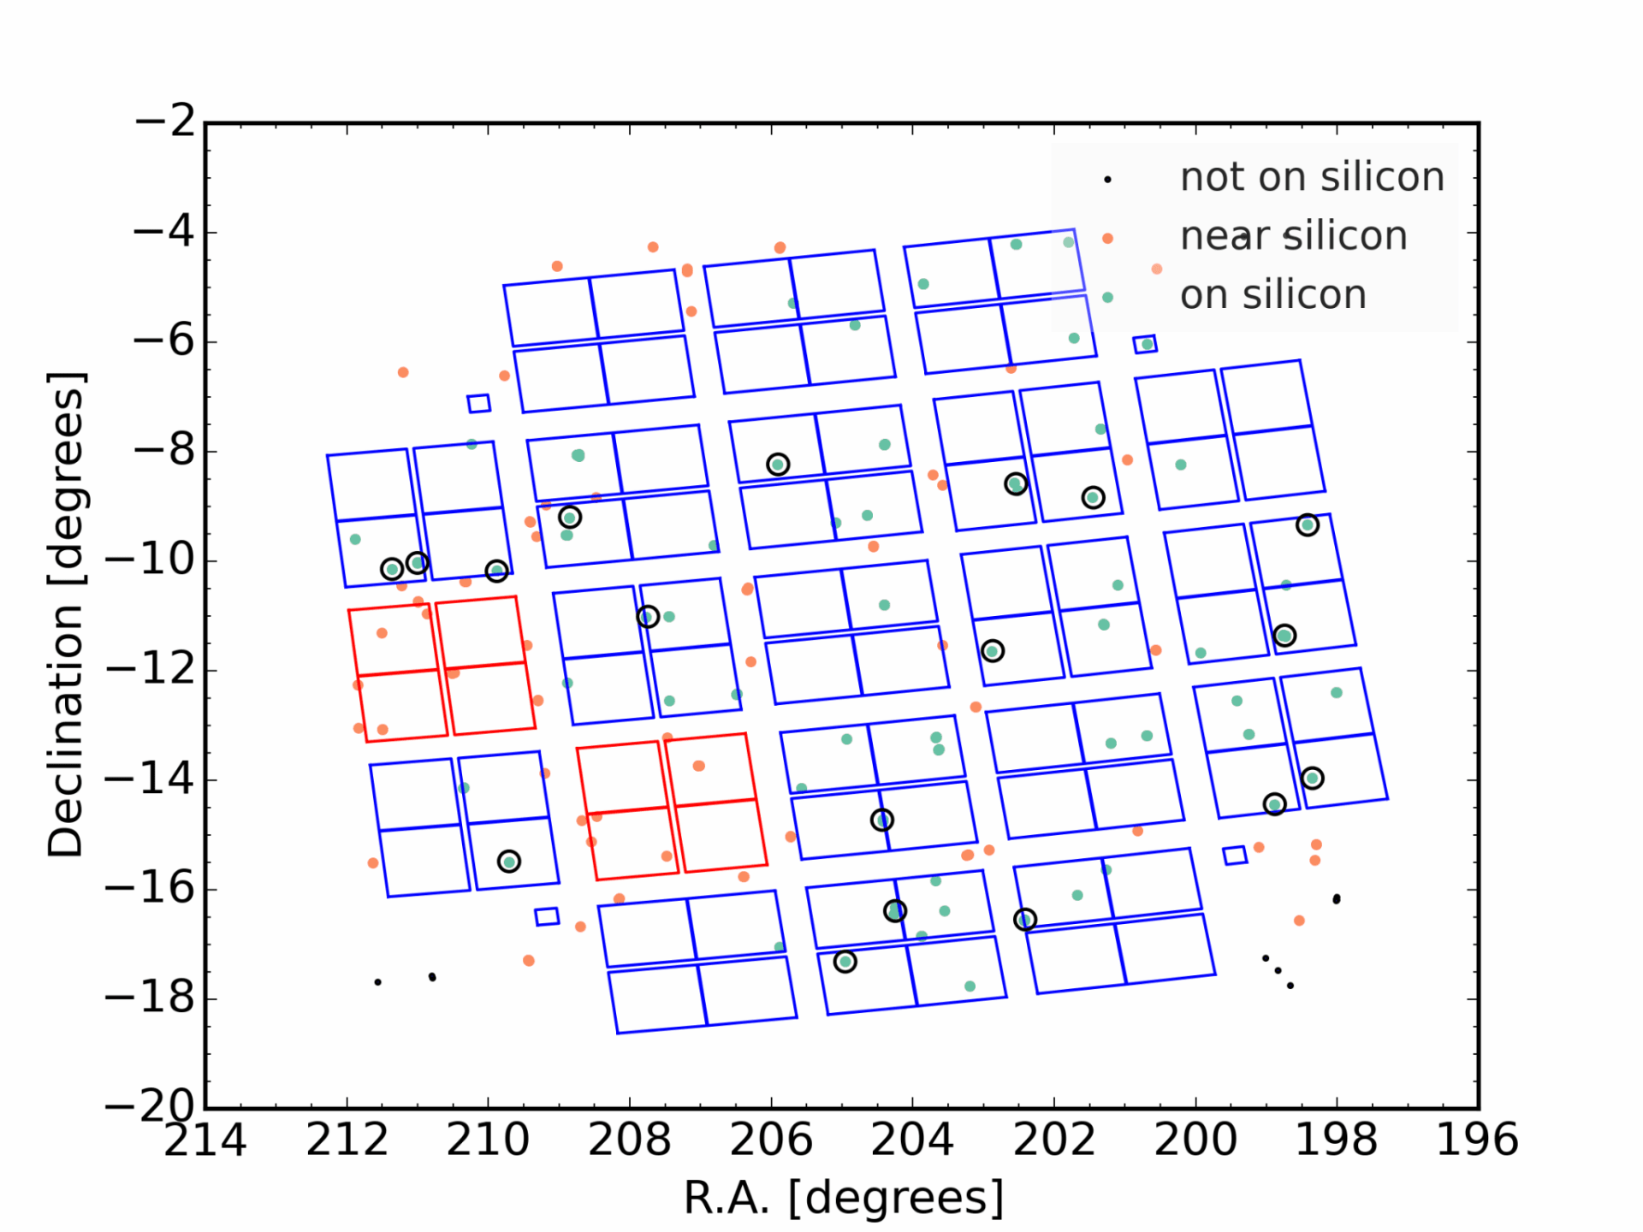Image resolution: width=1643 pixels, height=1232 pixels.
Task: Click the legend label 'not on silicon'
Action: tap(1311, 177)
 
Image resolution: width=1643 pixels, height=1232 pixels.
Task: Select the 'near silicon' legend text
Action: tap(1293, 236)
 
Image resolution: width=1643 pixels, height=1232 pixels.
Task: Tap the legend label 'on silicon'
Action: tap(1272, 295)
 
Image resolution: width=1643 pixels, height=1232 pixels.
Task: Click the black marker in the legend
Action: tap(1107, 180)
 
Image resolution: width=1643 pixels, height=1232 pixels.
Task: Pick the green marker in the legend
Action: tap(1107, 298)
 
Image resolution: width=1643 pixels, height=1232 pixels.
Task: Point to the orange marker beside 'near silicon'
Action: tap(1107, 239)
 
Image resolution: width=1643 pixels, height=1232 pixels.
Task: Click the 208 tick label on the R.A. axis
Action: tap(629, 1140)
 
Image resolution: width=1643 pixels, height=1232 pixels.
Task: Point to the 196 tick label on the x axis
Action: tap(1477, 1140)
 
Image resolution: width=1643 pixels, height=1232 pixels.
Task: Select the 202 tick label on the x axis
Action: tap(1053, 1140)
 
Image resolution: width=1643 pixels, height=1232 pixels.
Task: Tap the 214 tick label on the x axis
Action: tap(205, 1140)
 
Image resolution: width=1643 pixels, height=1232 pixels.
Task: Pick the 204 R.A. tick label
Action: tap(912, 1140)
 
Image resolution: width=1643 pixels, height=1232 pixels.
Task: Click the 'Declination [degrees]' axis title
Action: tap(65, 614)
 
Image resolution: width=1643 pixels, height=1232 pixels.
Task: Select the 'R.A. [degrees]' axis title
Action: tap(843, 1198)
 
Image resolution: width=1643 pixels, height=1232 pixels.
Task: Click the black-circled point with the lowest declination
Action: tap(845, 962)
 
